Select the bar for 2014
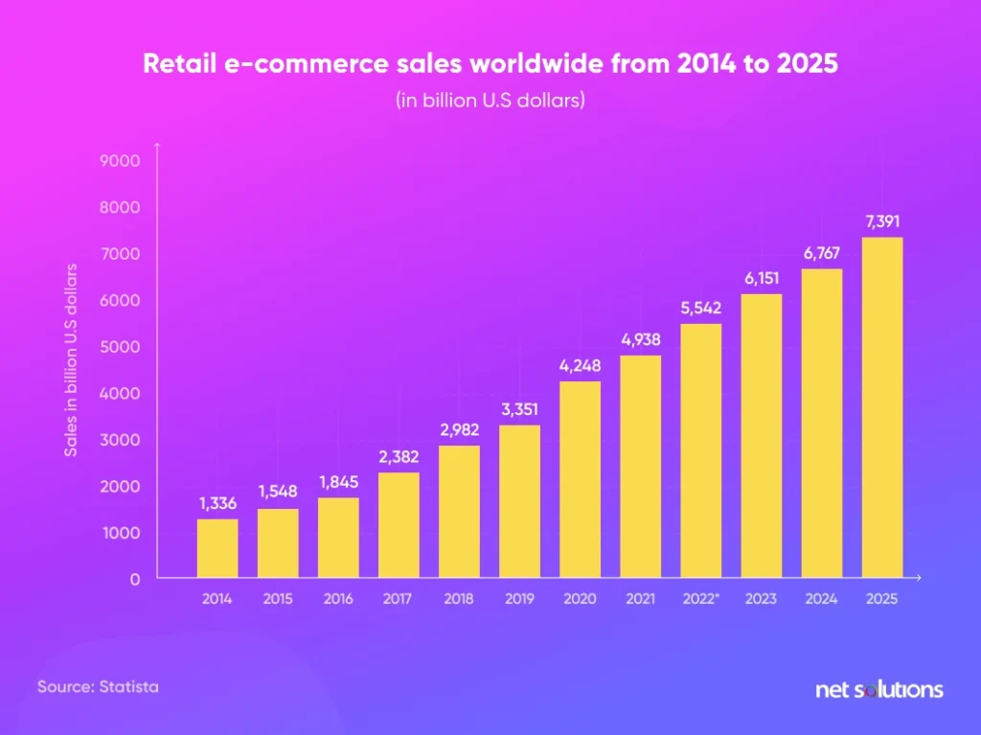[x=217, y=548]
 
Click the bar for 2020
[x=581, y=479]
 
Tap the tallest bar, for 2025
[x=882, y=407]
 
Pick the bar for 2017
[x=399, y=525]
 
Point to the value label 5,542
[x=701, y=309]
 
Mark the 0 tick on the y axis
[x=135, y=579]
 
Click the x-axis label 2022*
[x=701, y=599]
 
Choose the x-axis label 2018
[x=459, y=599]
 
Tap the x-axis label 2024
[x=822, y=599]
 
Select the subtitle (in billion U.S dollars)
[x=490, y=101]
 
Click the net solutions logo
[x=878, y=689]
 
